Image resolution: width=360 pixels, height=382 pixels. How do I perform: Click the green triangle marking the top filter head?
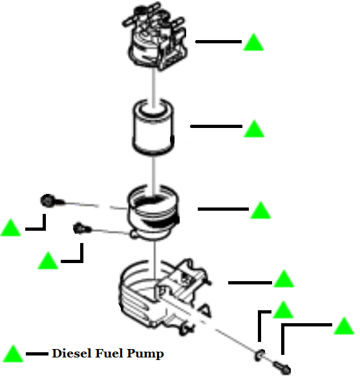pos(254,43)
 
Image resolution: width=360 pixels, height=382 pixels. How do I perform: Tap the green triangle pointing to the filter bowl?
pos(260,211)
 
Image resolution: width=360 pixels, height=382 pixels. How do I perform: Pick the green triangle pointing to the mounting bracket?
pos(284,279)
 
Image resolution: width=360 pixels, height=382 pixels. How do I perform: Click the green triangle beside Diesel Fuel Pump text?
pos(13,354)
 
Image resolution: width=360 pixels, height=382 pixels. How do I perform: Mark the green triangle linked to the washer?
pos(283,310)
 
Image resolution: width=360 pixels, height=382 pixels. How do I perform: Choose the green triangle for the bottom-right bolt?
pos(343,326)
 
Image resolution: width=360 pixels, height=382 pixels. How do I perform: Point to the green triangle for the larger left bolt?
pos(11,228)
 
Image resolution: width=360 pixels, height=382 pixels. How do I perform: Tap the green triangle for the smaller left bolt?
pos(48,261)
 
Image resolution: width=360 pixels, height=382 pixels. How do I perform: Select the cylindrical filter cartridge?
pos(154,125)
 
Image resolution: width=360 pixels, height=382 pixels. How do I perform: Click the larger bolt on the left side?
pos(48,201)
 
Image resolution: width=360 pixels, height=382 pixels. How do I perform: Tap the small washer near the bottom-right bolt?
pos(260,354)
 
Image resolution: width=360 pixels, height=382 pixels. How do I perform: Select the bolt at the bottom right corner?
pos(283,369)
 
